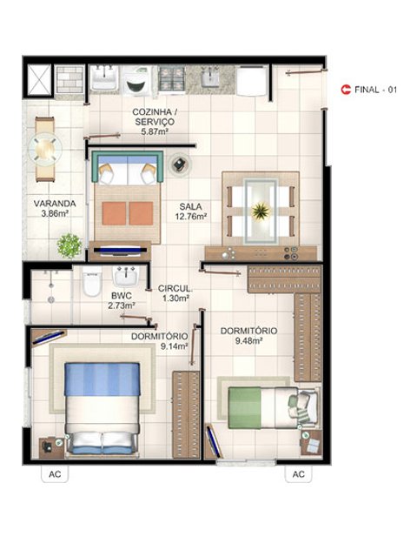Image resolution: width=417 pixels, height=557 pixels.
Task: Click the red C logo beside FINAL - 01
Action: click(346, 90)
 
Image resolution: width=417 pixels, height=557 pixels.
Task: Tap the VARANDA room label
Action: click(55, 204)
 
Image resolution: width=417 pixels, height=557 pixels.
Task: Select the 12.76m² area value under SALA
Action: click(191, 217)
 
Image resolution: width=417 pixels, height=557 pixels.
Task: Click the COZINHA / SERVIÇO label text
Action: click(155, 117)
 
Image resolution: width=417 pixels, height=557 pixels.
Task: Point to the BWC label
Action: click(122, 296)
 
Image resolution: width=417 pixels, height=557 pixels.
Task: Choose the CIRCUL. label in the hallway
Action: click(175, 288)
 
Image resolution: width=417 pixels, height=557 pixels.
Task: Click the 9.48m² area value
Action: click(248, 340)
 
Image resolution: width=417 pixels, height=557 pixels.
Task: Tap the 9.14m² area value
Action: click(174, 346)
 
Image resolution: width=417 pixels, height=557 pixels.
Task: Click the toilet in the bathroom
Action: click(92, 282)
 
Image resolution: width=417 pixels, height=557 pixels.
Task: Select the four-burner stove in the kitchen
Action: click(172, 79)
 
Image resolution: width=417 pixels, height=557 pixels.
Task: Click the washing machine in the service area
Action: click(137, 81)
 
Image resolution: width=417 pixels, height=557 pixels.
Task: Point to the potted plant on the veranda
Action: click(69, 245)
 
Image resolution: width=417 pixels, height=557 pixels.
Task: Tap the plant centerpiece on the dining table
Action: click(261, 211)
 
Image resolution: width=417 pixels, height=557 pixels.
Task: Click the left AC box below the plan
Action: click(55, 474)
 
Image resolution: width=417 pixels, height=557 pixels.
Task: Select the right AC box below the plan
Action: click(299, 474)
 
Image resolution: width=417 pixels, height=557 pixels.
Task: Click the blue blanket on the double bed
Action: click(103, 379)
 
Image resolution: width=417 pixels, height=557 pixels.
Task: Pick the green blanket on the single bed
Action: click(244, 407)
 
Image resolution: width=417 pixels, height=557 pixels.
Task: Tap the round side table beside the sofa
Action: click(180, 164)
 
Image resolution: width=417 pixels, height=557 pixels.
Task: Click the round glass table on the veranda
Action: click(45, 149)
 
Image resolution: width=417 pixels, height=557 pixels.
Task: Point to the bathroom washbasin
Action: click(125, 277)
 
